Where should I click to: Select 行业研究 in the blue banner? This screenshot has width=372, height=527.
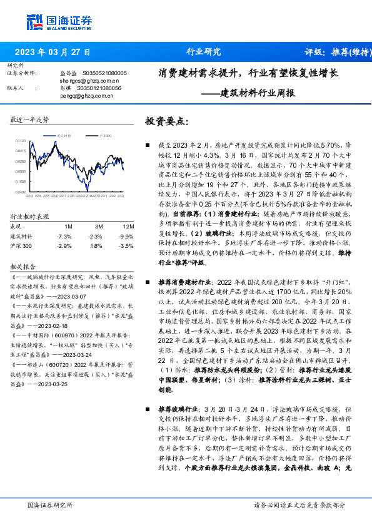[x=204, y=52]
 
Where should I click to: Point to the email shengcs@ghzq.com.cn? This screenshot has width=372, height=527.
[x=89, y=81]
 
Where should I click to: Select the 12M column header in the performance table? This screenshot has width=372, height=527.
[x=128, y=226]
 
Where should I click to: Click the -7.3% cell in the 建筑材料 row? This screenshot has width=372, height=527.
[x=64, y=236]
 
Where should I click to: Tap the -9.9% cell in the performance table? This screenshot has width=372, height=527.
[x=128, y=236]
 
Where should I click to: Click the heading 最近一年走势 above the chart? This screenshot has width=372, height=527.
[x=30, y=119]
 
